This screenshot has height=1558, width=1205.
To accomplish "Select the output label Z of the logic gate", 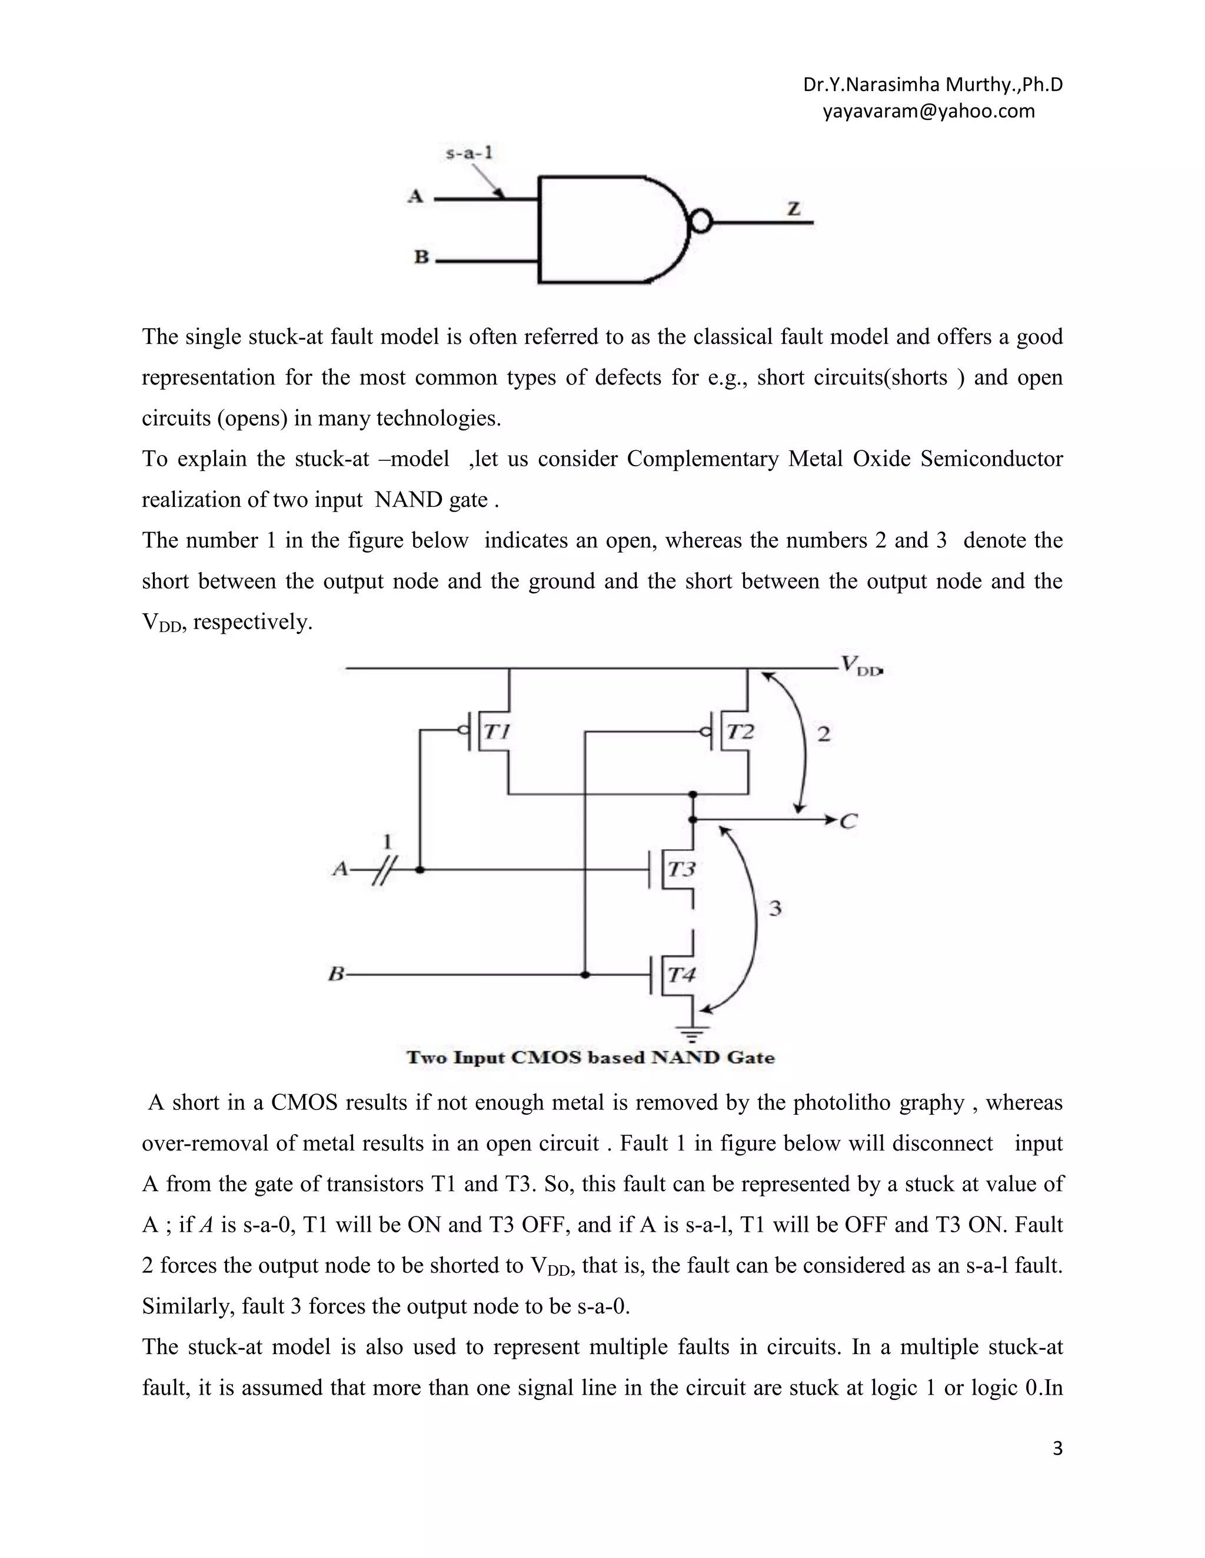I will coord(793,208).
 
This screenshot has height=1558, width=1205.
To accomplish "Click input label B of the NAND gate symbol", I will coord(421,257).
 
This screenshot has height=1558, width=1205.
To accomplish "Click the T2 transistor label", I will coord(740,732).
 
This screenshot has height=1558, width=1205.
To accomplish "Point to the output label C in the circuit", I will coord(848,822).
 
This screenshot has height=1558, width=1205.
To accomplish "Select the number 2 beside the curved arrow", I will coord(823,734).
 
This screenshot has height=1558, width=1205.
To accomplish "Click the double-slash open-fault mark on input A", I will coord(384,870).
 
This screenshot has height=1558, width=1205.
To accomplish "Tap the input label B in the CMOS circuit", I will coord(336,974).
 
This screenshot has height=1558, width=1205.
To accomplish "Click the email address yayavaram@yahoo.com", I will coord(928,111).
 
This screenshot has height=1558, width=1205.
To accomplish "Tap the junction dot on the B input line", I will coord(585,974).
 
